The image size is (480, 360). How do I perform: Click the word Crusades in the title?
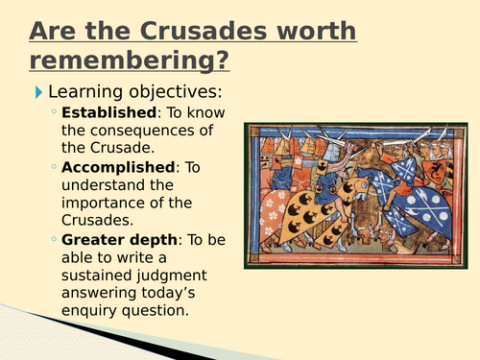point(203,31)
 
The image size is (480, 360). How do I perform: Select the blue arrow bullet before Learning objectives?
point(38,92)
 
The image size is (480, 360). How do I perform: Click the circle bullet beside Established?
point(56,114)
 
